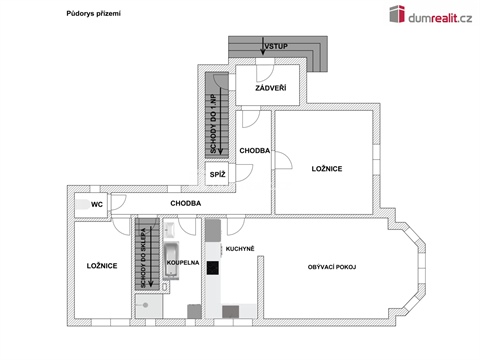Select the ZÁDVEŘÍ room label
point(271,89)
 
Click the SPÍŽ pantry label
point(217,175)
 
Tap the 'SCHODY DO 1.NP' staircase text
point(213,123)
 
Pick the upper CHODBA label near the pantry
point(253,150)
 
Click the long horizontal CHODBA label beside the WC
point(186,203)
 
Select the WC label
point(97,204)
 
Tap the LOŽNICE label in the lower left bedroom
point(102,266)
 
